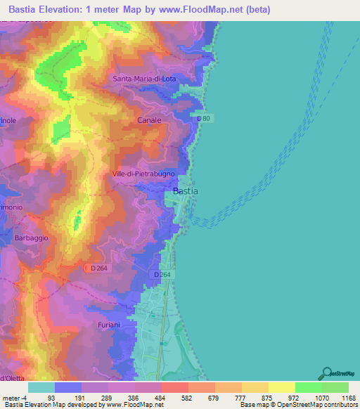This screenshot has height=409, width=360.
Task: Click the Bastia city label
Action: pyautogui.click(x=186, y=190)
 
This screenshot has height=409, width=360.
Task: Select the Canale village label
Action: pyautogui.click(x=148, y=120)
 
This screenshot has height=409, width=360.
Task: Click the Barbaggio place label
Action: pyautogui.click(x=31, y=238)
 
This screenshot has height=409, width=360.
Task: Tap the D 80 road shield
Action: pyautogui.click(x=204, y=119)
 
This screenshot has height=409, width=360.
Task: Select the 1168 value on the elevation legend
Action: pyautogui.click(x=340, y=397)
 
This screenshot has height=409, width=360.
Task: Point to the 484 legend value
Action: pyautogui.click(x=159, y=397)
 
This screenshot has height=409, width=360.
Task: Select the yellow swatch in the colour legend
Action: pyautogui.click(x=281, y=387)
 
